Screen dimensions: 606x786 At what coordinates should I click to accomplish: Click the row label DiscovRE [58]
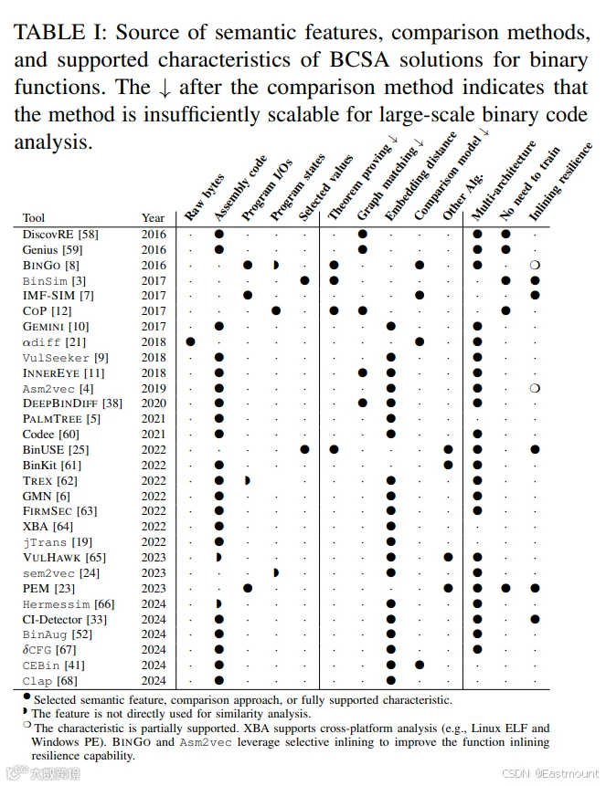pyautogui.click(x=60, y=234)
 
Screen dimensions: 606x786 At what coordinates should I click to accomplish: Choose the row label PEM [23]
pyautogui.click(x=48, y=588)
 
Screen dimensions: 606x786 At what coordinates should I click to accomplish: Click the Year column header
pyautogui.click(x=154, y=218)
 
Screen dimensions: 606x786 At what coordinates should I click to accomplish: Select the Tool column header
pyautogui.click(x=34, y=218)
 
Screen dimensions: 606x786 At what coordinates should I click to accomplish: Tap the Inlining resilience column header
pyautogui.click(x=561, y=182)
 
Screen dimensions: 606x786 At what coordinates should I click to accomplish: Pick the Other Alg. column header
pyautogui.click(x=462, y=196)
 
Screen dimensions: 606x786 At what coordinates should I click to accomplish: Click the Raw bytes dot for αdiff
pyautogui.click(x=190, y=341)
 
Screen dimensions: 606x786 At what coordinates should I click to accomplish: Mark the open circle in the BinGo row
pyautogui.click(x=535, y=265)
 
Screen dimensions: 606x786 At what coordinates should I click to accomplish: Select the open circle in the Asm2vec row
pyautogui.click(x=535, y=388)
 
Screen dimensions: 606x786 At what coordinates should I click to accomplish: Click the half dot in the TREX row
pyautogui.click(x=247, y=481)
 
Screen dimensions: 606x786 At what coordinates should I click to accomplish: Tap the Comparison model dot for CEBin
pyautogui.click(x=420, y=665)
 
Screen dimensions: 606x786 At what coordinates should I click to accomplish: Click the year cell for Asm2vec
pyautogui.click(x=154, y=389)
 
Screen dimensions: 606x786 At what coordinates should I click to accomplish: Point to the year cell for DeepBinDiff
pyautogui.click(x=154, y=403)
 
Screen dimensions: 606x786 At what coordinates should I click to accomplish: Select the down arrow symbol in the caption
pyautogui.click(x=165, y=88)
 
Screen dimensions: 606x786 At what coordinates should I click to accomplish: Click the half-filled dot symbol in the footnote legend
pyautogui.click(x=25, y=711)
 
